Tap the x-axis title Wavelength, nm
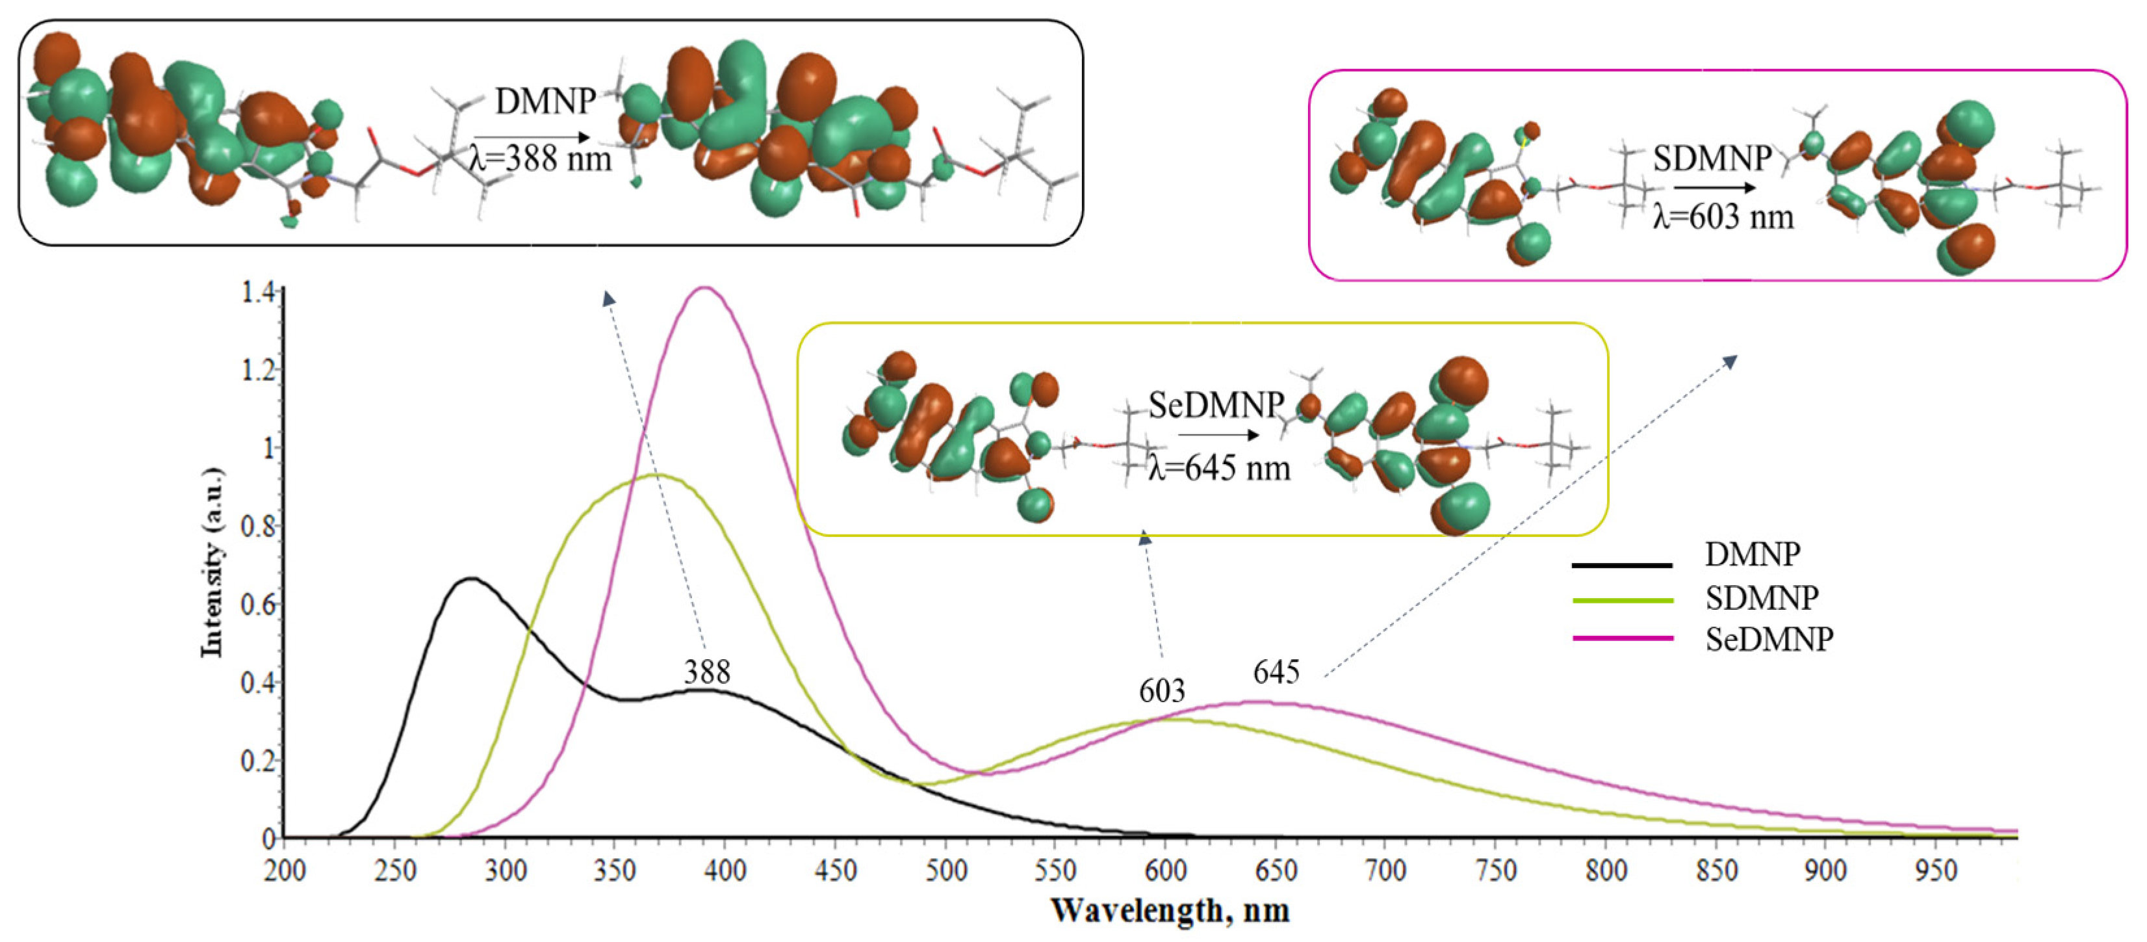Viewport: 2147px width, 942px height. point(1170,909)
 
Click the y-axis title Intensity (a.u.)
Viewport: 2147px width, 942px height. point(213,563)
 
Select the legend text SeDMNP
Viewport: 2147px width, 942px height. point(1769,640)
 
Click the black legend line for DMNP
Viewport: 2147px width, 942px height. point(1621,565)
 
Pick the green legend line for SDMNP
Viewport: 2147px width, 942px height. point(1621,600)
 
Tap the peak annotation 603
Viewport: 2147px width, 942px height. point(1162,690)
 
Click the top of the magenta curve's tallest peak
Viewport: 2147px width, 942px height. point(705,289)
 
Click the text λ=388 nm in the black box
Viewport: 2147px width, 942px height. point(541,159)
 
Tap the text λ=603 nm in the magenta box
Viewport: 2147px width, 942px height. point(1723,218)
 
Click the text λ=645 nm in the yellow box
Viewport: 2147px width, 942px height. point(1219,469)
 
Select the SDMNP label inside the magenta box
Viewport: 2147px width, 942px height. point(1712,159)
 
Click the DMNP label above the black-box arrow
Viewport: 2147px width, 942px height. point(545,101)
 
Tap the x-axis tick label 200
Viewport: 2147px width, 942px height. point(285,870)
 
